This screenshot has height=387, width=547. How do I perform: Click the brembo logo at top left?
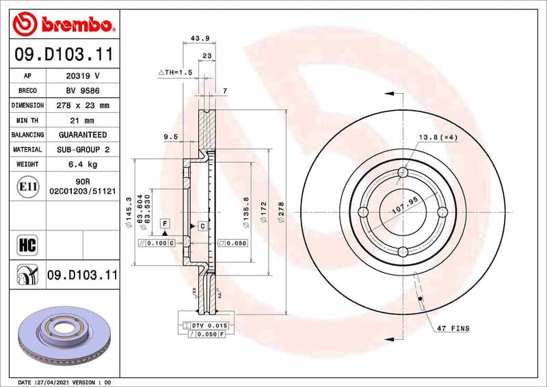[x=63, y=25]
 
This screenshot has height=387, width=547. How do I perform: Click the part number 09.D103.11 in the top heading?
[x=63, y=53]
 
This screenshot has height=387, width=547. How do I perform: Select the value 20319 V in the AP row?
[x=83, y=75]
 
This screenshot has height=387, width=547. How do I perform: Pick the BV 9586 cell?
[x=83, y=90]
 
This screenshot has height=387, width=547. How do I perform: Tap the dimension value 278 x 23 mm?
[x=83, y=105]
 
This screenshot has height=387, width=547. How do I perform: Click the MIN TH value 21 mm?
[x=83, y=120]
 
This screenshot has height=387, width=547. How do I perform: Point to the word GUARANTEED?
[x=83, y=135]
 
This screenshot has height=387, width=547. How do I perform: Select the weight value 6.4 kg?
[x=83, y=164]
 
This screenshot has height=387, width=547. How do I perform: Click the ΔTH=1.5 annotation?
[x=176, y=71]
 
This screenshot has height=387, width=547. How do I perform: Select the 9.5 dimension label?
[x=170, y=137]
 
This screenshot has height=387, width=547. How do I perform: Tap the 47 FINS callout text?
[x=453, y=329]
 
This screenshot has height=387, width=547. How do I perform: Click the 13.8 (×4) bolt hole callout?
[x=438, y=137]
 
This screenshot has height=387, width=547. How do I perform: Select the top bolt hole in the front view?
[x=403, y=172]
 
